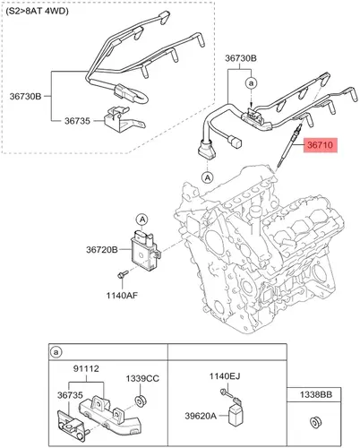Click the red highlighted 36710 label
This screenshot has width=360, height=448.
(x=321, y=145)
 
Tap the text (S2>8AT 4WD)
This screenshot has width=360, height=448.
(x=37, y=12)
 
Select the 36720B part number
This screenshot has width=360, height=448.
(x=102, y=249)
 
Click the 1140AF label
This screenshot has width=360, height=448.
(x=122, y=296)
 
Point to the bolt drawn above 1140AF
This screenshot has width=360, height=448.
(x=123, y=274)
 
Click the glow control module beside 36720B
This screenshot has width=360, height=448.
(x=146, y=250)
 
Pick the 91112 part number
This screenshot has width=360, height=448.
(x=86, y=369)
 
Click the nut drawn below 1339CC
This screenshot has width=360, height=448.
(x=140, y=401)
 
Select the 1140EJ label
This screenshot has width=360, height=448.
(x=225, y=376)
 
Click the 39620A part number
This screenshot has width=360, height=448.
(x=201, y=416)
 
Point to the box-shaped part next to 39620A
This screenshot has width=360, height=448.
(x=235, y=412)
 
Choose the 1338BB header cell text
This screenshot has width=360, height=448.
(x=316, y=395)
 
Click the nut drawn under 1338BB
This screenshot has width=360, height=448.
(x=315, y=422)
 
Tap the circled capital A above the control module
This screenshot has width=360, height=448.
(x=142, y=220)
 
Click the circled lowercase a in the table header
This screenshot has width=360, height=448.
(x=56, y=352)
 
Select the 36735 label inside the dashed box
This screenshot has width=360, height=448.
(x=77, y=121)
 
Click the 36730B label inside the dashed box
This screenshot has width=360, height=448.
(x=25, y=97)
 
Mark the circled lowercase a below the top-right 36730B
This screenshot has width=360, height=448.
(x=252, y=83)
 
